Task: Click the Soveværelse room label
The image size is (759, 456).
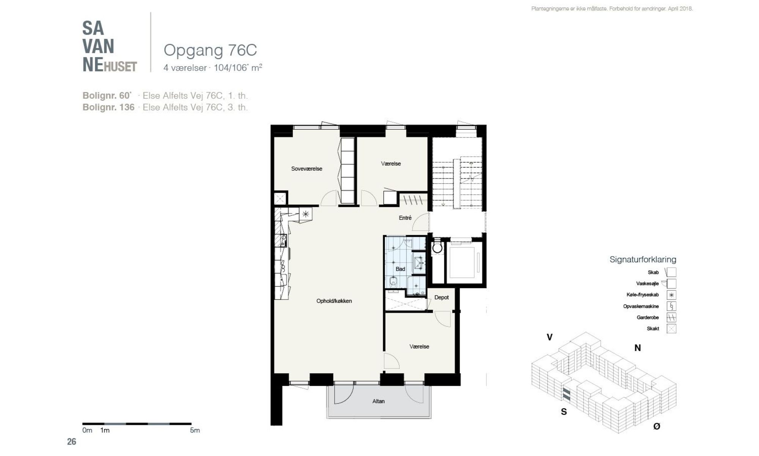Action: point(307,169)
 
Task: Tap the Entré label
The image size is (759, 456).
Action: point(405,218)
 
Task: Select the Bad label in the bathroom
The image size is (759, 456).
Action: point(400,269)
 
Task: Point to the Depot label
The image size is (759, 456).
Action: point(441,298)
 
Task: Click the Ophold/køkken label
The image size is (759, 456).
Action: point(334,301)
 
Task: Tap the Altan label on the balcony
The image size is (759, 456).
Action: point(378,401)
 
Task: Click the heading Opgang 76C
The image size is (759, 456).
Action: point(210,50)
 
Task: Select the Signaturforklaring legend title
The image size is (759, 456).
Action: point(643,260)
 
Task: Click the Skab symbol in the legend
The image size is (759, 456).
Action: point(671,272)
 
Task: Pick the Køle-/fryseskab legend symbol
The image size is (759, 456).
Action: point(671,295)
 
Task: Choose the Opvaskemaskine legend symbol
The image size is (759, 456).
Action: point(671,306)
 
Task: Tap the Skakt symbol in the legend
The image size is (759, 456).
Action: point(671,329)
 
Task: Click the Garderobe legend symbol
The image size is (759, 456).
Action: point(671,317)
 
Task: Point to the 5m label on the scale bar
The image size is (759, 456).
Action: point(195,431)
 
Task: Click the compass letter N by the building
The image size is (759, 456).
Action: point(638,348)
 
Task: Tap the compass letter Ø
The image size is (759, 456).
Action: point(657,426)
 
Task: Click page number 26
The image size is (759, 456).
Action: point(71,442)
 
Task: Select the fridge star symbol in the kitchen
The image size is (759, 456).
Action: point(305,214)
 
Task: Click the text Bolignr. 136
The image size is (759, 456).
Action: point(109,108)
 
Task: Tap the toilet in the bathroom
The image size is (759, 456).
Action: point(393,282)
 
